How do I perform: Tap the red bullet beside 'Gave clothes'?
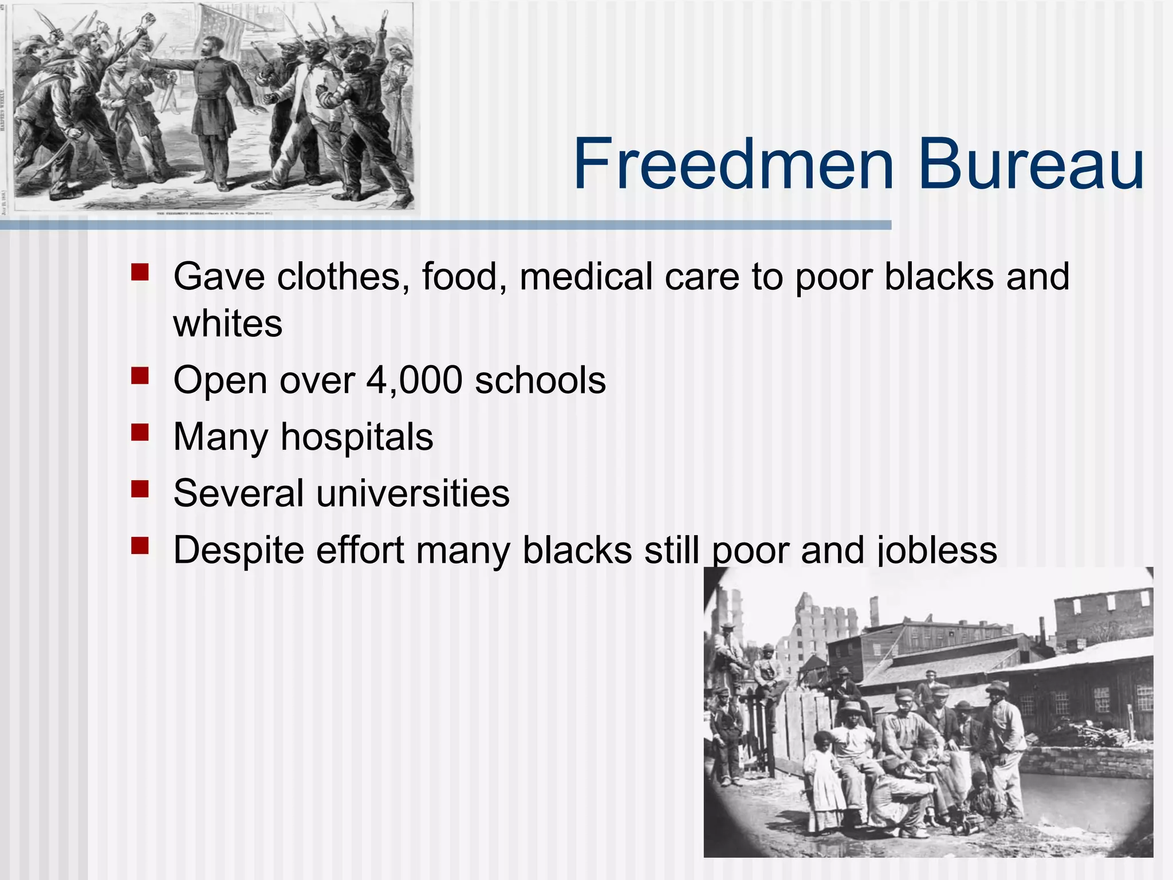[140, 272]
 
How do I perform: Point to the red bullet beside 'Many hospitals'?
[140, 432]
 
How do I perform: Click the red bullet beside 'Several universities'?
[140, 489]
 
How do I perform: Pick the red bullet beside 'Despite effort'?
[140, 545]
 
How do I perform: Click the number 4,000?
[414, 380]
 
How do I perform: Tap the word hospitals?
[357, 437]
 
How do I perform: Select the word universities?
[412, 493]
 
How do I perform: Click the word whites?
[228, 324]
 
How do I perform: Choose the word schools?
[540, 380]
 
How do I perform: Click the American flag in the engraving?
[221, 26]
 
